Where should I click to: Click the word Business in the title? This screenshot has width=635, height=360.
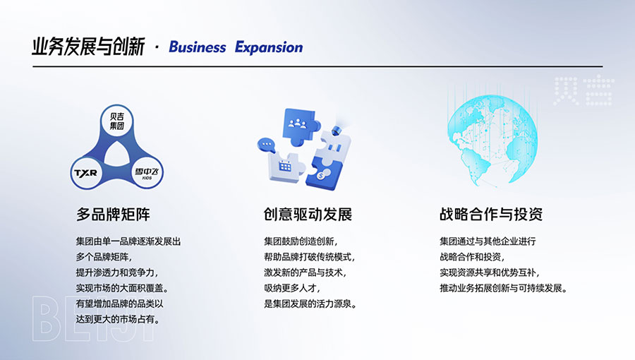click(x=198, y=47)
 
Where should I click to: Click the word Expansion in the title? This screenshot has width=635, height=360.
click(x=269, y=48)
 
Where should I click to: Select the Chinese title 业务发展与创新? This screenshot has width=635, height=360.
click(x=88, y=47)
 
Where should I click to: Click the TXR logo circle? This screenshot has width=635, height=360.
click(x=86, y=173)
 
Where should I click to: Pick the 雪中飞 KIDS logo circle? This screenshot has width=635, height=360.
click(x=147, y=173)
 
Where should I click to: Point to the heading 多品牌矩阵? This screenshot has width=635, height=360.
click(x=113, y=214)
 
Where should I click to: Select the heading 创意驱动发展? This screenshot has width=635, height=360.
click(x=308, y=214)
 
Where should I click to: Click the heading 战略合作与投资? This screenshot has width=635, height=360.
click(x=491, y=214)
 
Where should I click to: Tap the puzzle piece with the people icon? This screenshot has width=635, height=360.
click(x=300, y=126)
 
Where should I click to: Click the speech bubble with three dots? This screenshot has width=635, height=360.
click(x=266, y=145)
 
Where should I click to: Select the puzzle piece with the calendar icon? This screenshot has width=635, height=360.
click(x=285, y=167)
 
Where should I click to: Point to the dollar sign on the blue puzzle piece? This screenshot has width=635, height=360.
click(x=322, y=176)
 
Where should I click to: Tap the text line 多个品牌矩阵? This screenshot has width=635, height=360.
click(x=104, y=257)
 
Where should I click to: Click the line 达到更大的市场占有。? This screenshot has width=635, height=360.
click(x=118, y=320)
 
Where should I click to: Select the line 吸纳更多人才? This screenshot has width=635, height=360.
click(x=292, y=288)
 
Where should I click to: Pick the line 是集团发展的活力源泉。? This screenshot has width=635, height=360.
click(x=310, y=304)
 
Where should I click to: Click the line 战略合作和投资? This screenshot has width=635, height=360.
click(x=472, y=257)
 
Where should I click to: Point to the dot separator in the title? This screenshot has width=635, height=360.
click(x=157, y=48)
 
